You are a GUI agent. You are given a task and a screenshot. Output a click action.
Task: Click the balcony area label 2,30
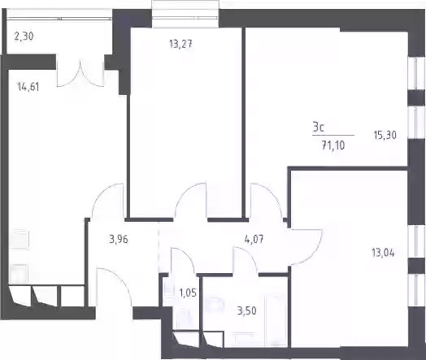(24, 36)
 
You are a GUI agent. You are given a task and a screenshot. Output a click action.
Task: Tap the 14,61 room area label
(28, 87)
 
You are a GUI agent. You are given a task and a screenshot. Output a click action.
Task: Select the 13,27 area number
(180, 44)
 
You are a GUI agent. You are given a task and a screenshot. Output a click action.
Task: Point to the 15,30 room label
(385, 135)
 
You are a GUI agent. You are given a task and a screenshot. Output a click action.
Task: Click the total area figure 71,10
(333, 145)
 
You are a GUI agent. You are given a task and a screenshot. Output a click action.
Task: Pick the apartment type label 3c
(318, 127)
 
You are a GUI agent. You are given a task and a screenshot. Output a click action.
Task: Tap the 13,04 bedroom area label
(383, 253)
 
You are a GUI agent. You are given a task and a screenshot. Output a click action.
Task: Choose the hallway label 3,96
(118, 240)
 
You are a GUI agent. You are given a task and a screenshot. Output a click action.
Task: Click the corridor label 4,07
(254, 240)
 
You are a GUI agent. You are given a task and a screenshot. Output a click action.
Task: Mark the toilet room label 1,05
(188, 293)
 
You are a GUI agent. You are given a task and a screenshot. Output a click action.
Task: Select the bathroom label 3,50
(246, 310)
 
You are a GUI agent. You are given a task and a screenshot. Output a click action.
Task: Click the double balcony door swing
(80, 73)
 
